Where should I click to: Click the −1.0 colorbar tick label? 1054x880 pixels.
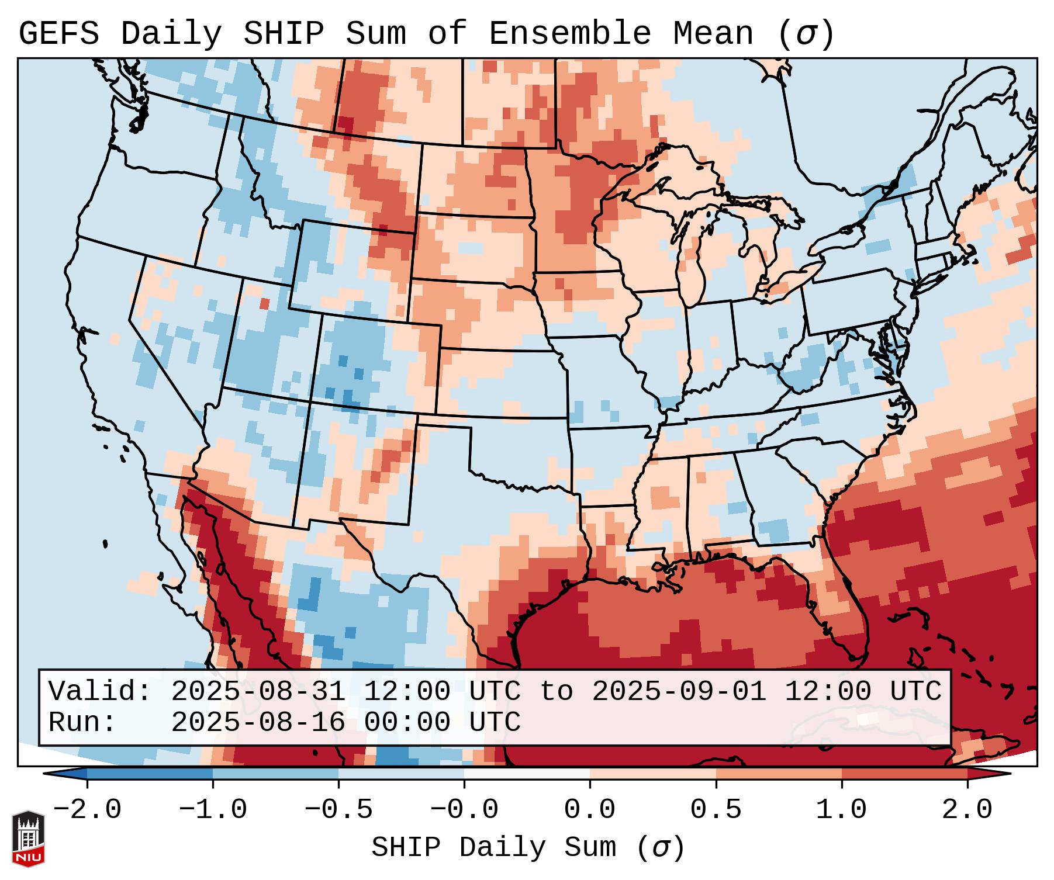coord(212,810)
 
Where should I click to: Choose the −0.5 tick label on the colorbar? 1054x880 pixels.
coord(338,810)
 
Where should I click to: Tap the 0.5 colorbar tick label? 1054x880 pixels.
coord(716,810)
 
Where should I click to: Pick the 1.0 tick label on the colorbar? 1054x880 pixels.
coord(841,810)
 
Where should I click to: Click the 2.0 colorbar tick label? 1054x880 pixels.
coord(967,810)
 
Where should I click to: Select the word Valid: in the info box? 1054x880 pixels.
coord(100,691)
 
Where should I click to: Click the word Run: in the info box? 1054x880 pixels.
coord(82,722)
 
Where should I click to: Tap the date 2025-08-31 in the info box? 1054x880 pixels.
coord(258,691)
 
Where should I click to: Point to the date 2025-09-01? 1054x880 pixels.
coord(679,691)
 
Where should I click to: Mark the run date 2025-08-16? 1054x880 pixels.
coord(258,722)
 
